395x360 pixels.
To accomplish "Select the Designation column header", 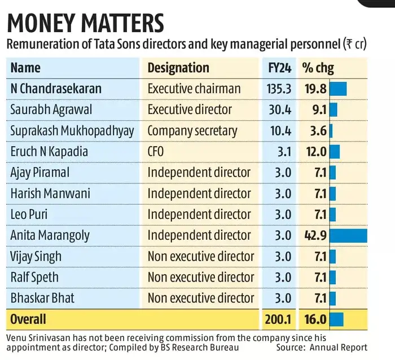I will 178,68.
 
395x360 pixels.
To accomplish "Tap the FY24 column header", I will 279,68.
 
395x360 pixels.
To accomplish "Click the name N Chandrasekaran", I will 56,89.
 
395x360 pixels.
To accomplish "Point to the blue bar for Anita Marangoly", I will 348,235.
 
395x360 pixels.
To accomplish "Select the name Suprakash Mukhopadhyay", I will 72,131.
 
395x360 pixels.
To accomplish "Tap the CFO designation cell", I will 157,152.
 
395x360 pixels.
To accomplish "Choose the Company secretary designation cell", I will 192,131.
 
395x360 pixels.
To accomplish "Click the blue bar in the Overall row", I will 336,319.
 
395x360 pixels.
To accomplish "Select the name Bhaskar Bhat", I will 43,298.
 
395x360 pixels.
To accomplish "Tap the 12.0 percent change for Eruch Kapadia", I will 315,152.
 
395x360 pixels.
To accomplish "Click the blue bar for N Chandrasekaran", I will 338,89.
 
